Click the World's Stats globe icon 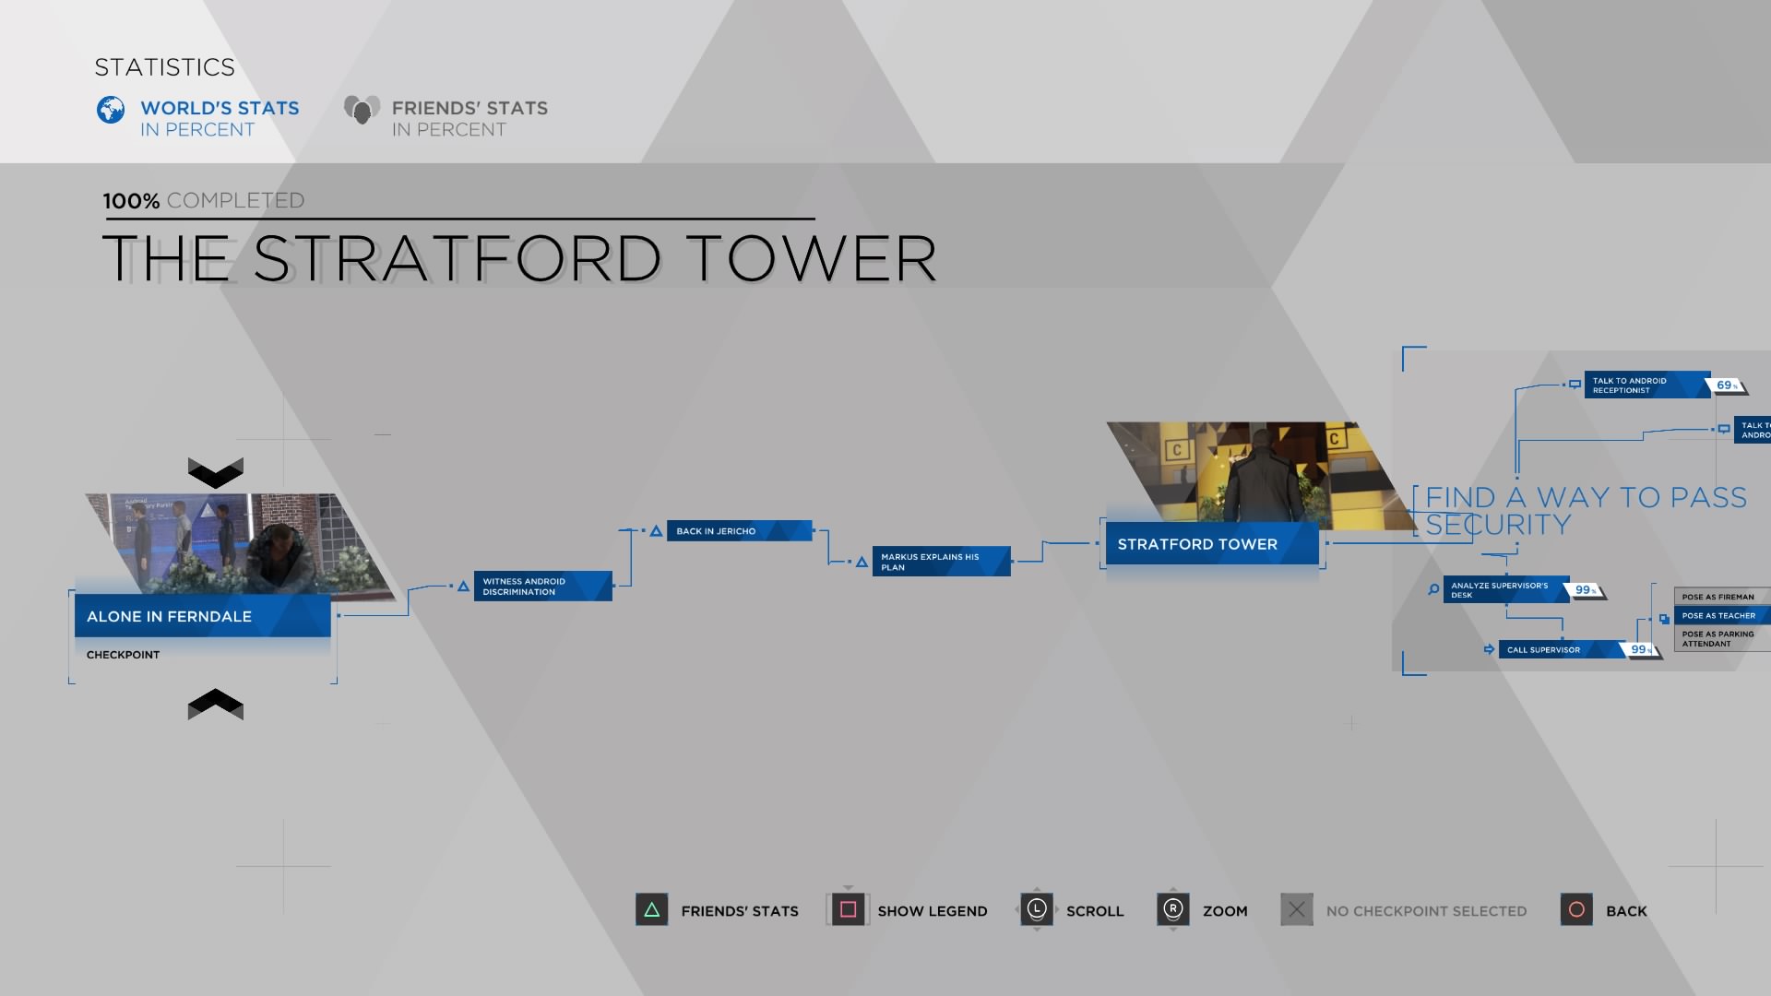click(111, 110)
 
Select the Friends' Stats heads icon click(362, 110)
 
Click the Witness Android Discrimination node click(542, 587)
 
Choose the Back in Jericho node click(738, 531)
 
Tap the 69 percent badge click(1726, 385)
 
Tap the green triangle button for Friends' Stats click(651, 910)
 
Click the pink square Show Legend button click(848, 910)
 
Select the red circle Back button click(1576, 910)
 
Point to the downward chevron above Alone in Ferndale click(215, 473)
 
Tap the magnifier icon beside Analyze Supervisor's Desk click(1433, 589)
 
